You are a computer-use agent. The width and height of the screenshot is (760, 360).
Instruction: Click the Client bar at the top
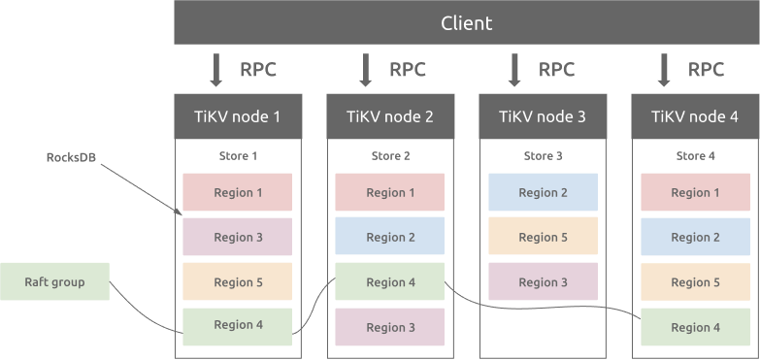(466, 22)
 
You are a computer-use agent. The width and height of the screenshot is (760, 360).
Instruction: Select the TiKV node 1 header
(238, 116)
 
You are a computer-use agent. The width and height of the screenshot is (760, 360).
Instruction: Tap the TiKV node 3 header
(543, 116)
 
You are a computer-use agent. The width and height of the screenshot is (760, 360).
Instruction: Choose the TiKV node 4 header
(695, 116)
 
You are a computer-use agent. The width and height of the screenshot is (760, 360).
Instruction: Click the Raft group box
(54, 282)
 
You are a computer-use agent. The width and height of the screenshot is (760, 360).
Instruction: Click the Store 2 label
(390, 155)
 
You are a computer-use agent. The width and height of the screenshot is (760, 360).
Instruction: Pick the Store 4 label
(695, 155)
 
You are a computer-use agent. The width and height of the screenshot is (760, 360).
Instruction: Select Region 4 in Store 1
(238, 326)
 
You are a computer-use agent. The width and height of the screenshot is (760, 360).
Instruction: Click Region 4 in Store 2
(390, 282)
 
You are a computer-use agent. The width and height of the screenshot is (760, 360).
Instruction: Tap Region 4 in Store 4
(695, 327)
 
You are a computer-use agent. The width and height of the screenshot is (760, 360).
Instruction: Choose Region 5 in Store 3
(543, 237)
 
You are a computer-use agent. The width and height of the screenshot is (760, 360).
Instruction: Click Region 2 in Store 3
(543, 192)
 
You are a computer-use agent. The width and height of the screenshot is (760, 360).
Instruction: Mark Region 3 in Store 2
(390, 327)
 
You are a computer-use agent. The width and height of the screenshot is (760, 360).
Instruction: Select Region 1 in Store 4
(695, 192)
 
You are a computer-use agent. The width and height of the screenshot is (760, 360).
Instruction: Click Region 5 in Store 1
(238, 282)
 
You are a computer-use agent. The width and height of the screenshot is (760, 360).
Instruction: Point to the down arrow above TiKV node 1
(216, 70)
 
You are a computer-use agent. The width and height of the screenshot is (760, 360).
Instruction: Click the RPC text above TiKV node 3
(556, 70)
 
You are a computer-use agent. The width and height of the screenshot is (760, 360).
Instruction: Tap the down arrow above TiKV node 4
(665, 70)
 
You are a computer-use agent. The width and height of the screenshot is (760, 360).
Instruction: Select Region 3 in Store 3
(543, 281)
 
